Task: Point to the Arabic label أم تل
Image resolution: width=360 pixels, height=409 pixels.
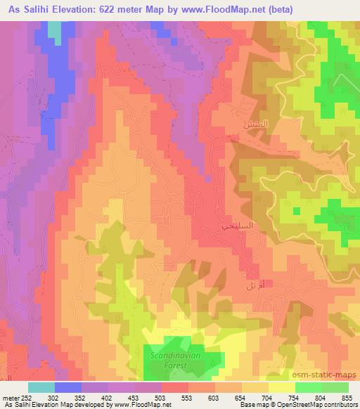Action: [x=255, y=285]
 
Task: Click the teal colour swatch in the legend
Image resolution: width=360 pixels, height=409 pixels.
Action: [x=41, y=387]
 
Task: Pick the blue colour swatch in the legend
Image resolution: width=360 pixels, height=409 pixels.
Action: [x=68, y=387]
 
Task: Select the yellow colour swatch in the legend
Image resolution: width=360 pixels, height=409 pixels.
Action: [x=281, y=387]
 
